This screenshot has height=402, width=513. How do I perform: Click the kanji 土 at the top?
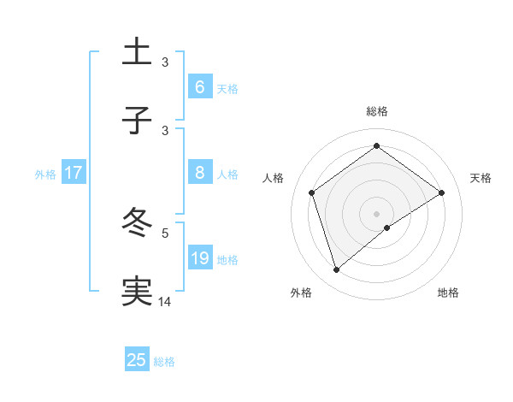(138, 53)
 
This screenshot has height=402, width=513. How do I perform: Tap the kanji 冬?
(138, 223)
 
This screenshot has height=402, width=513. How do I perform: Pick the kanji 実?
(138, 291)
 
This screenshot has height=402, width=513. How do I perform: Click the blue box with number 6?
(199, 87)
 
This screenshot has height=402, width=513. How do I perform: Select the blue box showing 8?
(199, 173)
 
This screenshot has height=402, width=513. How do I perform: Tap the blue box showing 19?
(199, 257)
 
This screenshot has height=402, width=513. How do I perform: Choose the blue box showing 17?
(73, 173)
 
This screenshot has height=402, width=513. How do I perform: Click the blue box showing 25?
(136, 360)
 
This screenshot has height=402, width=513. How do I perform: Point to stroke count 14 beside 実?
(165, 300)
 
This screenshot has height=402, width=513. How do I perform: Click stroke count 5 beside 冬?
(165, 232)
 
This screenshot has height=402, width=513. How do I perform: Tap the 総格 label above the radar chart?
(377, 111)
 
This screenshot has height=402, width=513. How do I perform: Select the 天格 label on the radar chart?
(481, 178)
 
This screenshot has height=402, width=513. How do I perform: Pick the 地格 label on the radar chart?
(448, 293)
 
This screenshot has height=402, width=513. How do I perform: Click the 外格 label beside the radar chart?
(301, 293)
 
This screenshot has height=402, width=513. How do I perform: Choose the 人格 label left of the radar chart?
(274, 178)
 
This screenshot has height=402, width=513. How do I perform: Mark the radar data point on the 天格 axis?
(442, 192)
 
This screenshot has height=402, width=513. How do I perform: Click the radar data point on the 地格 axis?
(387, 228)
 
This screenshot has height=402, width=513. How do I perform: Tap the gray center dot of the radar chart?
(377, 213)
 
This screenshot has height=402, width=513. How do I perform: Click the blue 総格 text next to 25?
(164, 362)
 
